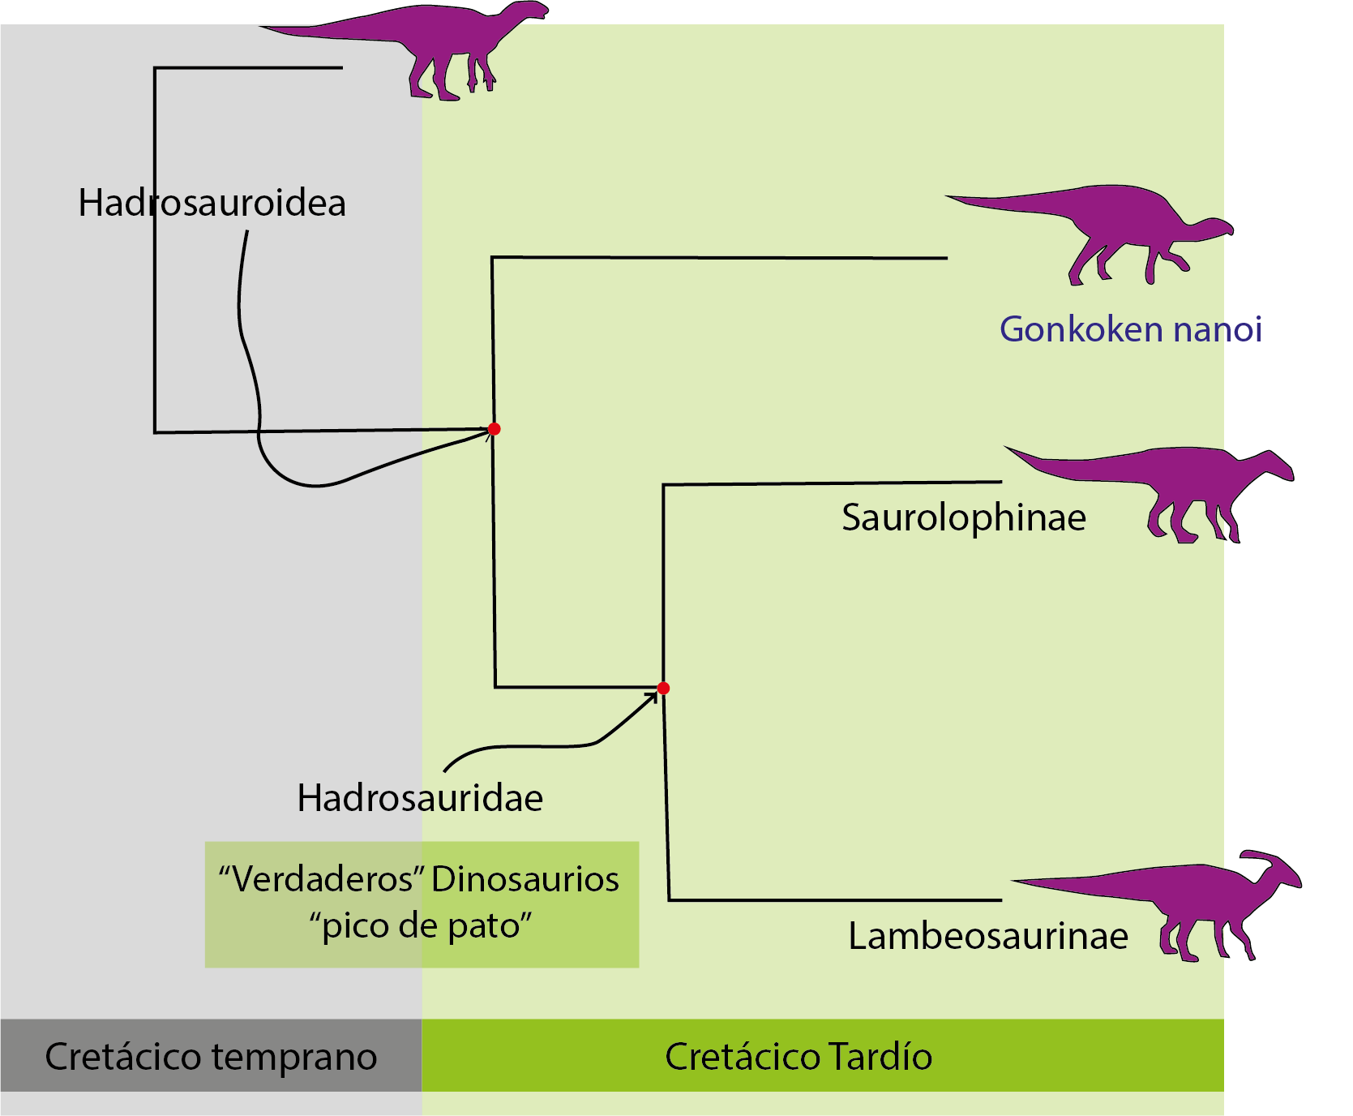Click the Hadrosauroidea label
212,203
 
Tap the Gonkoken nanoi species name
1130,329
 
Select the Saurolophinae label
963,517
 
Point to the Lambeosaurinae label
987,936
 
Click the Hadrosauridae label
420,798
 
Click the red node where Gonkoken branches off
494,429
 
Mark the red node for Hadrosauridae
663,689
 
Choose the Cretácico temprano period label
211,1056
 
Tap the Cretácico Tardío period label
798,1056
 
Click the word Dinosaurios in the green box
525,879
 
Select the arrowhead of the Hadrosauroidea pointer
487,433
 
